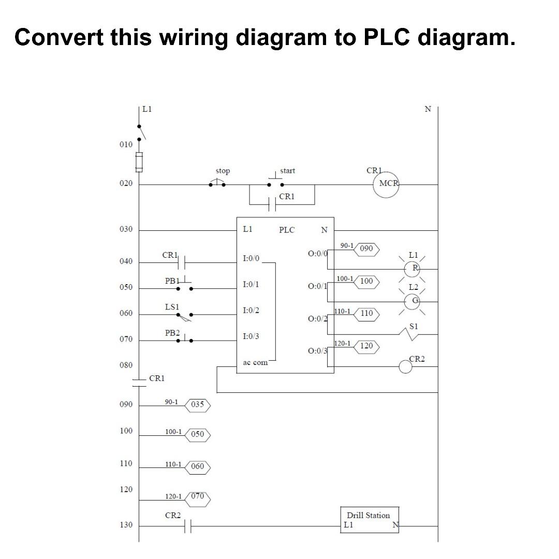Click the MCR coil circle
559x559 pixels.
click(x=386, y=184)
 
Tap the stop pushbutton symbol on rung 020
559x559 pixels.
click(x=217, y=183)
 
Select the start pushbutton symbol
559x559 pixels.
click(x=275, y=182)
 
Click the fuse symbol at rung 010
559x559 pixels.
click(x=139, y=162)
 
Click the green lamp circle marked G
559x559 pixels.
click(x=412, y=301)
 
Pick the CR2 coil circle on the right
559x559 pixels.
click(x=405, y=366)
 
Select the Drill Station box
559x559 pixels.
click(x=370, y=519)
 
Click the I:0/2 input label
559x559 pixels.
click(x=251, y=310)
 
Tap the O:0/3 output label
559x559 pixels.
click(x=317, y=351)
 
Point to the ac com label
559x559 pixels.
click(x=255, y=362)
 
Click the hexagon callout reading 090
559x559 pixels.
click(x=366, y=249)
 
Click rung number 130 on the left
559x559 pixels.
click(x=126, y=525)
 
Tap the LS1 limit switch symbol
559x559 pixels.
click(x=184, y=315)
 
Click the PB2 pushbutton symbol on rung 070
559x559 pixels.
click(x=184, y=340)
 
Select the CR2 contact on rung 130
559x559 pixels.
click(x=188, y=526)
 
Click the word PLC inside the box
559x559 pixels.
click(x=287, y=230)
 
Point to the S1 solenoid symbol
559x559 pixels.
click(x=412, y=335)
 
